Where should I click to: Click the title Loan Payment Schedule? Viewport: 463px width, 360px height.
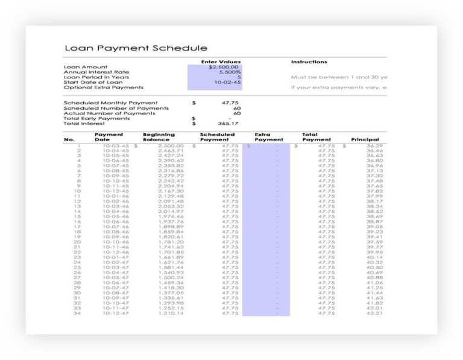[x=135, y=48]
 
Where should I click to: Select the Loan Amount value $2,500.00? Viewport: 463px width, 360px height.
[x=224, y=67]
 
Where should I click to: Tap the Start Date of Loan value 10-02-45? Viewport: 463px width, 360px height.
[x=228, y=83]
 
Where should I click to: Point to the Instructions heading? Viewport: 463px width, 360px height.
[x=309, y=62]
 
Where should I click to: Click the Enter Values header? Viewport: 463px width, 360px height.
[x=221, y=62]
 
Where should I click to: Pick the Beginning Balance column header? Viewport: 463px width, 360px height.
[x=159, y=137]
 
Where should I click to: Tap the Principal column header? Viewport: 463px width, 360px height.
[x=365, y=139]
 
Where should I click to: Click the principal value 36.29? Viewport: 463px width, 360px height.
[x=374, y=145]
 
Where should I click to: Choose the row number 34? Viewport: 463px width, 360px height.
[x=77, y=313]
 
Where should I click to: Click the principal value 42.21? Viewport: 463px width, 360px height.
[x=374, y=313]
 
